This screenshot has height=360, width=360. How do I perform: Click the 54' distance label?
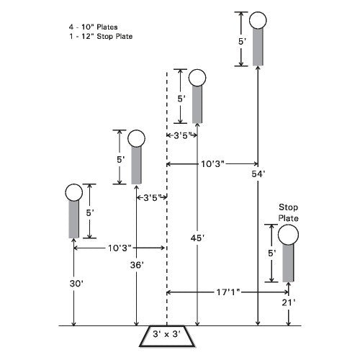[258, 174]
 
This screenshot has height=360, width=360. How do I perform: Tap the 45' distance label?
[197, 238]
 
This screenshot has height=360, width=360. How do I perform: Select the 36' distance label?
[137, 265]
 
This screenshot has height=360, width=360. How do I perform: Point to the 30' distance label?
[76, 284]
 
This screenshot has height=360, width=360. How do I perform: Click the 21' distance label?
[289, 302]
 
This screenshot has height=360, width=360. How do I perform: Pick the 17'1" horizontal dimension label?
[228, 292]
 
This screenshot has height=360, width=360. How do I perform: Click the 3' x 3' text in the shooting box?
[166, 334]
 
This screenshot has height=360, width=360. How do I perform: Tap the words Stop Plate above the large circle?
[288, 212]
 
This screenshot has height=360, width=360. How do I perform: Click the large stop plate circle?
[288, 235]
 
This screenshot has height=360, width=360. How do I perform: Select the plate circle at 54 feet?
[258, 20]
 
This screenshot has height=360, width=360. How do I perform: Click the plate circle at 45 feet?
[197, 78]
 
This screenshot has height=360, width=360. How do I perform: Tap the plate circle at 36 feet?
[136, 138]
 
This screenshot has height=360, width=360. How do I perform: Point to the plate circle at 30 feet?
[74, 192]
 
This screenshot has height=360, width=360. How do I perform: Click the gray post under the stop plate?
[288, 263]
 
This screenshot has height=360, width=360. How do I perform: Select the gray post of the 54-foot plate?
[258, 47]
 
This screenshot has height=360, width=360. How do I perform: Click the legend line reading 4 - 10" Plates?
[94, 27]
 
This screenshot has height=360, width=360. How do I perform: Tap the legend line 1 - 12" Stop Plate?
[101, 37]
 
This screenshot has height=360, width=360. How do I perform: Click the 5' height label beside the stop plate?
[271, 253]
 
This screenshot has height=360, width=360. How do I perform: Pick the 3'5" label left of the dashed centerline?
[152, 198]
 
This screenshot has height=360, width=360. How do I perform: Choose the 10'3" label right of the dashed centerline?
[212, 164]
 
